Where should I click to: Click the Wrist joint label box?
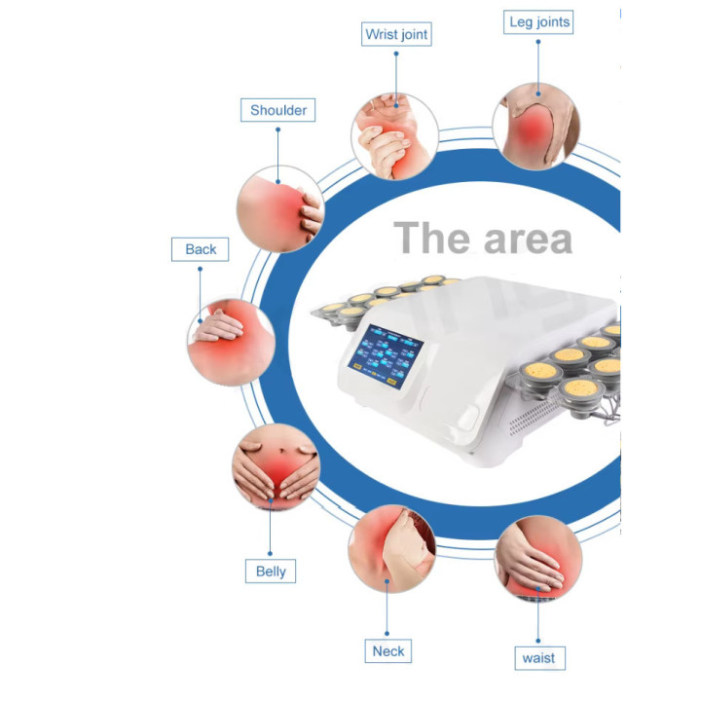[x=396, y=34]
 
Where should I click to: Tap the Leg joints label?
[x=538, y=21]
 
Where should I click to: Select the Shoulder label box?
[x=278, y=110]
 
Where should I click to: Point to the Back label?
[x=200, y=249]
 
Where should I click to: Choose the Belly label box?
[x=271, y=571]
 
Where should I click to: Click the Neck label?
[x=388, y=651]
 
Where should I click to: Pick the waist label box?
[x=539, y=658]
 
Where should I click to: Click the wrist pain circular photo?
[x=394, y=136]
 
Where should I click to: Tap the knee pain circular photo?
[x=536, y=127]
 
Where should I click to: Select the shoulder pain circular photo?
[x=280, y=208]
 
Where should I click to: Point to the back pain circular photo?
[x=231, y=342]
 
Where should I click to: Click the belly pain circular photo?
[x=277, y=466]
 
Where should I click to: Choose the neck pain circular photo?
[x=391, y=548]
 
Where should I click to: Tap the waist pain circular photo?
[x=538, y=559]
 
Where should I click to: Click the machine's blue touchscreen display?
[x=385, y=356]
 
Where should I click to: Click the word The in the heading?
[x=431, y=238]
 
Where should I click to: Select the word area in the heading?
[x=528, y=240]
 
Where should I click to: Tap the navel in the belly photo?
[x=281, y=450]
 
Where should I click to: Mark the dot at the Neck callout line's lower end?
[x=387, y=634]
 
